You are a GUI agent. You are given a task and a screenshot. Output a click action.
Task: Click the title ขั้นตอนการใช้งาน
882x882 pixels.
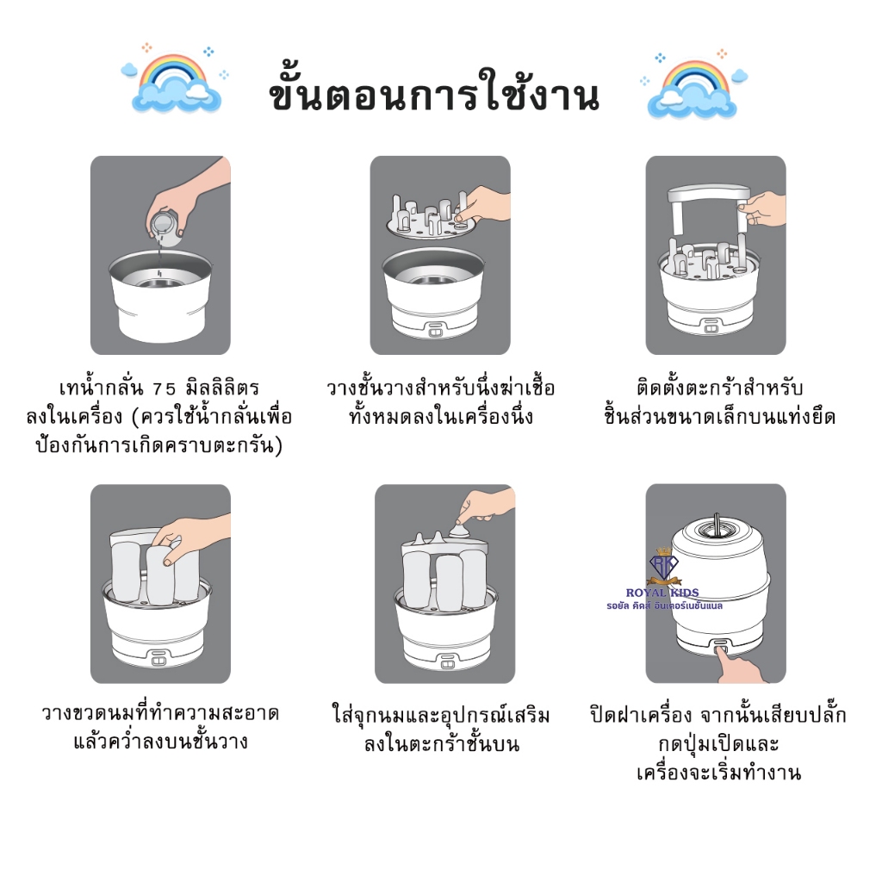pyautogui.click(x=434, y=94)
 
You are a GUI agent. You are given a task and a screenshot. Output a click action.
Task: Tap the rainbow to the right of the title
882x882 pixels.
pyautogui.click(x=695, y=77)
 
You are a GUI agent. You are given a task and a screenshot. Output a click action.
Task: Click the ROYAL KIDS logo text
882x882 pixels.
pyautogui.click(x=662, y=593)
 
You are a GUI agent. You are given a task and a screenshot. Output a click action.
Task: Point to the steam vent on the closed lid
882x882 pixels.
pyautogui.click(x=716, y=528)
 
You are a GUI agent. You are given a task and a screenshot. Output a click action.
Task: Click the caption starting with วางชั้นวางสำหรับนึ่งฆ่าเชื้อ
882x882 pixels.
pyautogui.click(x=440, y=402)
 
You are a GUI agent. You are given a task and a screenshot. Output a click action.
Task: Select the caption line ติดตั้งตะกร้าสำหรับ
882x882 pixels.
pyautogui.click(x=719, y=388)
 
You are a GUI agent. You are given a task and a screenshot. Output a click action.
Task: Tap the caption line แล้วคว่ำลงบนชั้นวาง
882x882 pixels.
pyautogui.click(x=160, y=741)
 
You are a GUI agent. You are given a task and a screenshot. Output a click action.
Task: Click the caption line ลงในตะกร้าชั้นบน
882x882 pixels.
pyautogui.click(x=442, y=743)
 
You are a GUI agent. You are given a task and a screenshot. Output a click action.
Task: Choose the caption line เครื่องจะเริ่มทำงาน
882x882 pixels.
pyautogui.click(x=719, y=773)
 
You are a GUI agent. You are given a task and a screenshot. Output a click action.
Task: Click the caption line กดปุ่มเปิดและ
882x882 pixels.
pyautogui.click(x=719, y=743)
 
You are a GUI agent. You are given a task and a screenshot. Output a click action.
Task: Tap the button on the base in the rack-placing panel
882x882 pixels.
pyautogui.click(x=435, y=331)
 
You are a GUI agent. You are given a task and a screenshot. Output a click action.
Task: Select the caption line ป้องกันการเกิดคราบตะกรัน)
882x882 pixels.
pyautogui.click(x=159, y=445)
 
